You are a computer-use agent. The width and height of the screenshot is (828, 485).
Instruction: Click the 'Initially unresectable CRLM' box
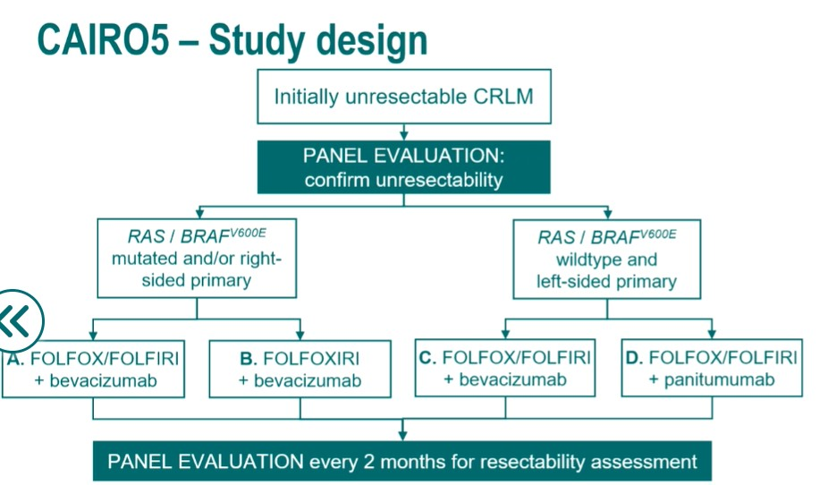(x=403, y=96)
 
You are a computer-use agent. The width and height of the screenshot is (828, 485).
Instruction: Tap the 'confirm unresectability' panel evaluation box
(x=403, y=167)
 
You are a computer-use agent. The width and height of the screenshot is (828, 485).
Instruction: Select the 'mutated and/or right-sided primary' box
(x=196, y=260)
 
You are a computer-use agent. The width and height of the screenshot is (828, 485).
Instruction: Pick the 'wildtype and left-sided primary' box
(x=607, y=260)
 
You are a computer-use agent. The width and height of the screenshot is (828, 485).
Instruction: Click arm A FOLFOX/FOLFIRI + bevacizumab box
(x=93, y=369)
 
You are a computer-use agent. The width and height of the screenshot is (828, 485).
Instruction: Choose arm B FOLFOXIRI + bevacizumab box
(x=300, y=369)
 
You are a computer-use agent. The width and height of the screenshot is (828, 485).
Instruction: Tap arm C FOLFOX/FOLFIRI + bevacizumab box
(x=505, y=369)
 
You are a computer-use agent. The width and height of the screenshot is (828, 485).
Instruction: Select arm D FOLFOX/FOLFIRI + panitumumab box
(x=711, y=369)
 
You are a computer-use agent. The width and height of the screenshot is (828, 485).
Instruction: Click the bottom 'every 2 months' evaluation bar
(x=401, y=462)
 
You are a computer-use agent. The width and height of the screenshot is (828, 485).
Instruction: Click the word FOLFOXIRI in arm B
(x=310, y=359)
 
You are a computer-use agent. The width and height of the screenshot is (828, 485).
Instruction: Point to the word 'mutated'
(x=143, y=260)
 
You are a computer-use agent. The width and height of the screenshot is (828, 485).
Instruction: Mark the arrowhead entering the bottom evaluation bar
(x=403, y=436)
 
